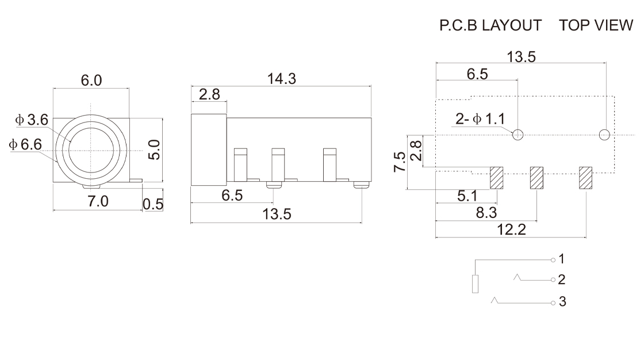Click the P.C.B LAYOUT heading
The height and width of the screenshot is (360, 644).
(490, 25)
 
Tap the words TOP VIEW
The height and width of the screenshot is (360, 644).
(596, 25)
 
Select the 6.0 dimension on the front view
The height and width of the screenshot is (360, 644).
(91, 80)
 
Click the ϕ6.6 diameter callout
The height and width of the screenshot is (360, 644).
(25, 144)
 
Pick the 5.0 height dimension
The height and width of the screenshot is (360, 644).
(154, 150)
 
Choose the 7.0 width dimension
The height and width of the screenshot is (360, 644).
(98, 201)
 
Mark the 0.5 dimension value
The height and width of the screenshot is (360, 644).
(153, 204)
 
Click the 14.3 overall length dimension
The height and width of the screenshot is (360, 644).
(282, 78)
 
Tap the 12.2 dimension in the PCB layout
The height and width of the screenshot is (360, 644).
(511, 229)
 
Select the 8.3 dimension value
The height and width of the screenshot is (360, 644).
(486, 212)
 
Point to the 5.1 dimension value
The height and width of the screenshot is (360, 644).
(467, 196)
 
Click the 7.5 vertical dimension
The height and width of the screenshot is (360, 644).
(400, 162)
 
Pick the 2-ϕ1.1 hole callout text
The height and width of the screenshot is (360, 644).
(480, 119)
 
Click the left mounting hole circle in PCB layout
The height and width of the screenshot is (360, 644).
(518, 135)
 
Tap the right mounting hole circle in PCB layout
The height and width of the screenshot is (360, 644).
(604, 135)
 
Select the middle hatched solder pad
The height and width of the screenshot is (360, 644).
(536, 178)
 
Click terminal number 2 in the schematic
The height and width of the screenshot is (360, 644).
(561, 279)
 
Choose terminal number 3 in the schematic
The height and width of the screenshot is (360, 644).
(562, 302)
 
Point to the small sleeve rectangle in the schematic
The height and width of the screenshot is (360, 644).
(475, 285)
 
